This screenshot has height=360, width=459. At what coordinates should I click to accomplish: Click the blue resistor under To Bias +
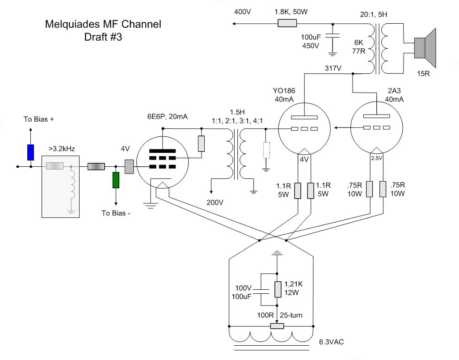[30, 152]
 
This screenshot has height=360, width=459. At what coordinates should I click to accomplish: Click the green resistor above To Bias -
[116, 179]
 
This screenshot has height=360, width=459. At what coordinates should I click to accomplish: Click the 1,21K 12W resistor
[278, 289]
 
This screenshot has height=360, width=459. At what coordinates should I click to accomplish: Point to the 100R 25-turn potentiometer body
[277, 326]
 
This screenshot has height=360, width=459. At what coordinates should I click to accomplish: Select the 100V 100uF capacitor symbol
[265, 292]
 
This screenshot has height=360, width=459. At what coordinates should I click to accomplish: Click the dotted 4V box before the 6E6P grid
[129, 166]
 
